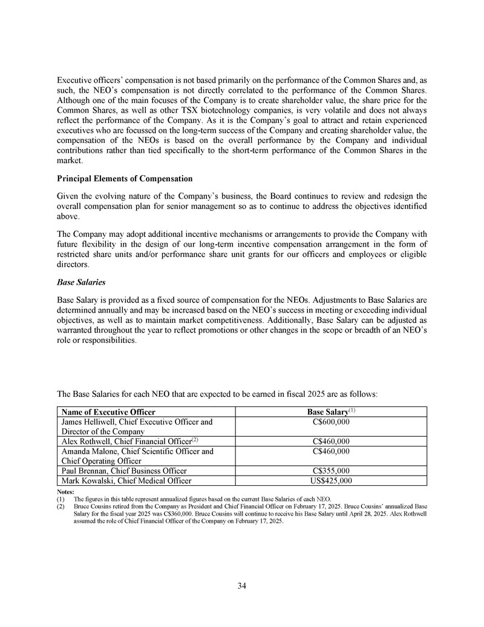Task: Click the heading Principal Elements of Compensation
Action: (x=125, y=179)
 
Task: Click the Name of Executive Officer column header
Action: (x=103, y=412)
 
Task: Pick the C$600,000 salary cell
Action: (x=330, y=421)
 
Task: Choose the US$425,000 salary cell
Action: (x=330, y=481)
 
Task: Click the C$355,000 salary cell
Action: (x=330, y=471)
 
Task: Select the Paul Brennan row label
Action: (x=121, y=471)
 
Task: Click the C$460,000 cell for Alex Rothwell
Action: (x=330, y=441)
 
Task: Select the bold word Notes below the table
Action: (x=66, y=491)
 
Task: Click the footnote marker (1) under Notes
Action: (x=61, y=499)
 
